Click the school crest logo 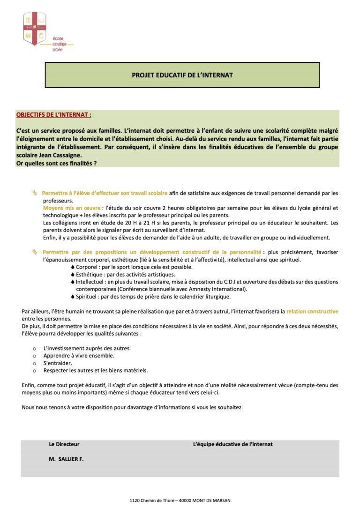(35, 29)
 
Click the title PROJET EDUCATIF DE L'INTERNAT (182, 75)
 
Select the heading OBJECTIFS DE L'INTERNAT (53, 114)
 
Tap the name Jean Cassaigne (60, 156)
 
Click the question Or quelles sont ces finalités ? (56, 163)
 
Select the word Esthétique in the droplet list (89, 274)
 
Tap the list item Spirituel (87, 297)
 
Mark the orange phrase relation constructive (312, 311)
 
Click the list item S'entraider (58, 363)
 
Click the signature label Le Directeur (64, 444)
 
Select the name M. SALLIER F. (66, 459)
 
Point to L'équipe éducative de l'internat (233, 444)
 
